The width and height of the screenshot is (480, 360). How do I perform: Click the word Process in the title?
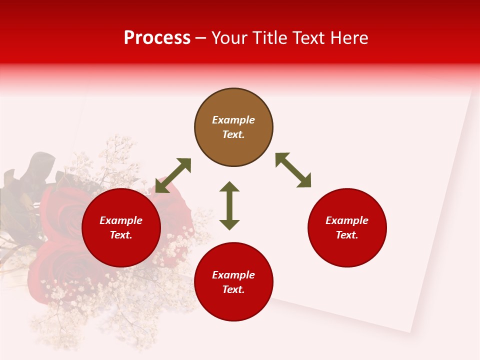[x=157, y=38]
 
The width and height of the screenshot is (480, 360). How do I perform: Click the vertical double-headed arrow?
[x=229, y=205]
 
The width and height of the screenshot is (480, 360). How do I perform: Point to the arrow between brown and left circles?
[x=173, y=175]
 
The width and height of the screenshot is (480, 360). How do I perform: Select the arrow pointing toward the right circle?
[x=293, y=170]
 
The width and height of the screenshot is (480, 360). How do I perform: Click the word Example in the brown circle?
[x=233, y=120]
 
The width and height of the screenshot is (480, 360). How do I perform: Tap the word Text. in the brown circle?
[x=233, y=134]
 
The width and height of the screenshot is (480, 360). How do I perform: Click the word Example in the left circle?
[x=121, y=220]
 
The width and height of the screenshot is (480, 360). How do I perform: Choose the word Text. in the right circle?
[x=347, y=235]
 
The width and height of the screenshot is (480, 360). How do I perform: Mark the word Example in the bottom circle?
[x=233, y=275]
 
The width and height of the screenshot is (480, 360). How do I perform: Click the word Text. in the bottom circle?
[x=233, y=289]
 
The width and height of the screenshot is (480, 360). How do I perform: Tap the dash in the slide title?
[x=200, y=38]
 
